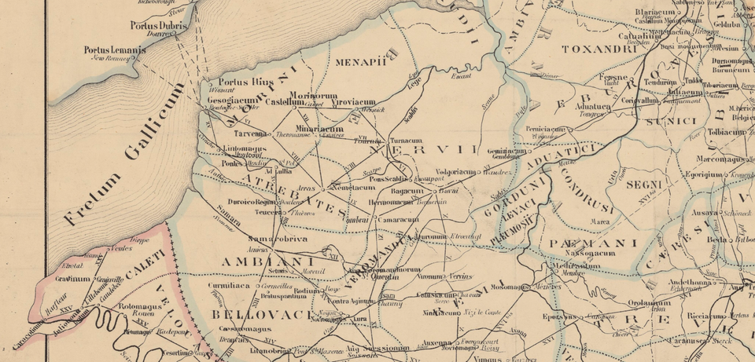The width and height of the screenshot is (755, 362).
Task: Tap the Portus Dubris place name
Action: (161, 25)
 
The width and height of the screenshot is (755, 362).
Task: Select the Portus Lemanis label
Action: (115, 51)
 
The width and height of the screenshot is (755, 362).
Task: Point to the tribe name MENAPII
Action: (361, 62)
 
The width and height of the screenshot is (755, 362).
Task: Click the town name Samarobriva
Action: (277, 239)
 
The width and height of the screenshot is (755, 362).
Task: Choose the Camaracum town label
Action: (397, 220)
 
